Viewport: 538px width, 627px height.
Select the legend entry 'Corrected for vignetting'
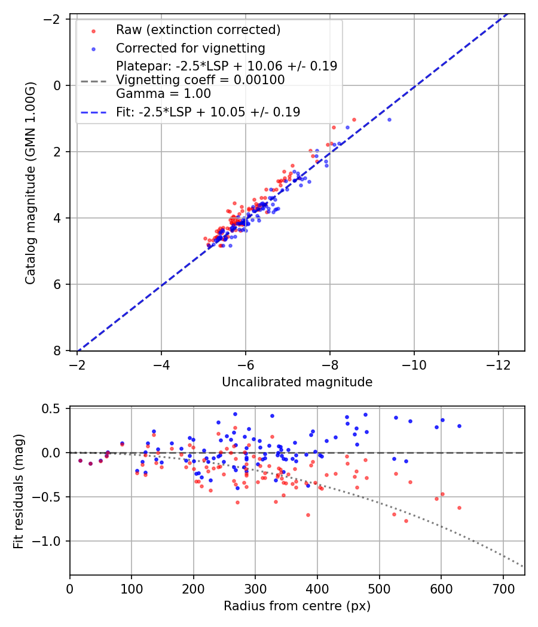190,48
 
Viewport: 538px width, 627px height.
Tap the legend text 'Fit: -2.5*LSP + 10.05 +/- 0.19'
208,112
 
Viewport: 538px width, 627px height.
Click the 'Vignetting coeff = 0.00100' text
200,79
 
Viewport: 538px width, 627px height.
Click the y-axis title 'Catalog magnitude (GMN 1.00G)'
30,183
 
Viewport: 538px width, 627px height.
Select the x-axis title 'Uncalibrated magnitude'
297,382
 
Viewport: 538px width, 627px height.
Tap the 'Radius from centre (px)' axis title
297,606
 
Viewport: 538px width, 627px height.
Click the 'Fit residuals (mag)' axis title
19,491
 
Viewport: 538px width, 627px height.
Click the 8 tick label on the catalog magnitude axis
59,351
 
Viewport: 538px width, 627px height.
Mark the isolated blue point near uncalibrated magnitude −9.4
389,119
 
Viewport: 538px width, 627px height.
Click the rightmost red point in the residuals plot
459,508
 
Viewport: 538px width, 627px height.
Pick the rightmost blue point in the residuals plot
459,426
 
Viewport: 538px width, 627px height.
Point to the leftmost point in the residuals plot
80,460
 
